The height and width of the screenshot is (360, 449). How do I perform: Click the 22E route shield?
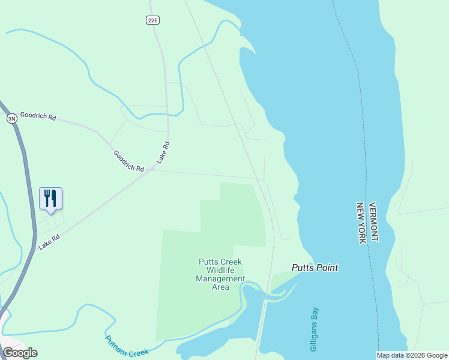152,20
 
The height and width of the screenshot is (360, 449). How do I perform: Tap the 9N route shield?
11,118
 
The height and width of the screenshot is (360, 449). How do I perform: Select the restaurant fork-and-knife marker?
51,198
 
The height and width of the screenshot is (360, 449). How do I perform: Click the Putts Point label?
315,268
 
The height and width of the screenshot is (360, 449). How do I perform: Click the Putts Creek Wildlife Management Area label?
221,274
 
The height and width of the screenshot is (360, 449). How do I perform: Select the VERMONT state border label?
373,222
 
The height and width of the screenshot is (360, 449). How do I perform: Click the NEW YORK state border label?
361,223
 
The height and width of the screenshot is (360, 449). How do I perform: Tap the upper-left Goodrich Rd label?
38,116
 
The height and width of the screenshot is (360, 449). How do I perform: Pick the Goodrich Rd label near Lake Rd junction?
129,161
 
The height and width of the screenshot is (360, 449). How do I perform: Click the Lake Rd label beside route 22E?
163,152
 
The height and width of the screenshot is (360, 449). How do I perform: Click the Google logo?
20,353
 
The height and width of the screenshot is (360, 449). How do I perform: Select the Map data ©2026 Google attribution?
412,355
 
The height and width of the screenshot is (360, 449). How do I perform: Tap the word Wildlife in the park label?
221,270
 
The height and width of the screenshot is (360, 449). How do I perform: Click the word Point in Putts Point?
328,268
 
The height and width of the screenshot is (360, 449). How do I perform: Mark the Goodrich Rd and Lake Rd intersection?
152,170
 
